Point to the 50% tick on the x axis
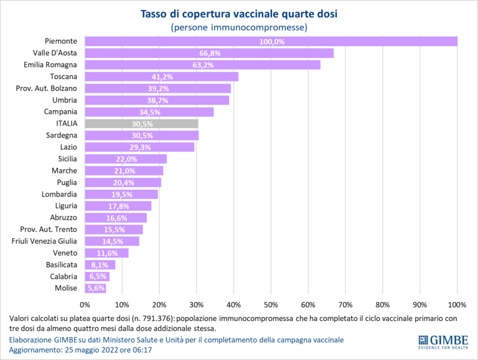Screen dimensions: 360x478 click(271, 305)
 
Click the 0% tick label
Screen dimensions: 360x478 click(85, 305)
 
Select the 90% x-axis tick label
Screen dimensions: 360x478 click(420, 305)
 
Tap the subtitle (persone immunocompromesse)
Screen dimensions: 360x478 click(240, 27)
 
